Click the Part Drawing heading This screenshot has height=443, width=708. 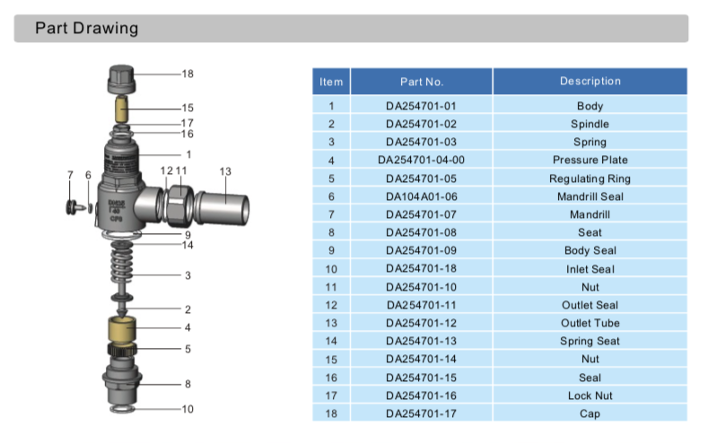tap(86, 29)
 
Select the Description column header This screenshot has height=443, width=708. tap(590, 82)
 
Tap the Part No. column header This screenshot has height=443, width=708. tap(421, 82)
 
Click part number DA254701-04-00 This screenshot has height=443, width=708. tap(421, 160)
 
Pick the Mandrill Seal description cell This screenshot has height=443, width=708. tap(590, 196)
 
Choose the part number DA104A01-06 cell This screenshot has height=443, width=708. tap(421, 196)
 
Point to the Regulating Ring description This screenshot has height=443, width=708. tap(590, 178)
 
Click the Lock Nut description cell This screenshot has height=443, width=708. tap(590, 395)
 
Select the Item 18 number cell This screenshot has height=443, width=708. tap(331, 413)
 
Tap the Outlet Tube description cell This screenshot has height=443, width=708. tap(590, 323)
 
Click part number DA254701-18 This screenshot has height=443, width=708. tap(421, 269)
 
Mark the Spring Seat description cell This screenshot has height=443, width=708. tap(590, 341)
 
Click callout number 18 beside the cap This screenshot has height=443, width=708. tap(188, 74)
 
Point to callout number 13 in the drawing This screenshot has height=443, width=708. tap(225, 170)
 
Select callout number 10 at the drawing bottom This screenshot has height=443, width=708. tap(188, 409)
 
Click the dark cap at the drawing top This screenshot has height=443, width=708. tap(122, 78)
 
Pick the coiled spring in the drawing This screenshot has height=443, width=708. tap(122, 268)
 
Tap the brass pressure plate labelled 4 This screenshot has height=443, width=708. tap(120, 328)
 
